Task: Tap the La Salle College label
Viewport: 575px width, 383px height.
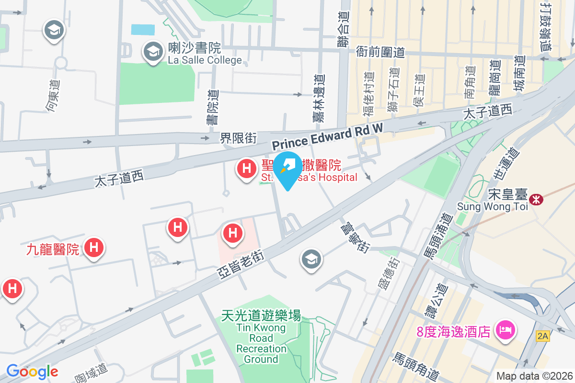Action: [205, 60]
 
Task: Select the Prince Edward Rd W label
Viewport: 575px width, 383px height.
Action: [328, 135]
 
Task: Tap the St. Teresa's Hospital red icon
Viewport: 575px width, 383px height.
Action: [246, 169]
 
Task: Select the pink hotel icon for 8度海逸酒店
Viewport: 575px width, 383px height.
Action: [506, 330]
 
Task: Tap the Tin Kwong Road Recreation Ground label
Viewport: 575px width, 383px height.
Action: [261, 343]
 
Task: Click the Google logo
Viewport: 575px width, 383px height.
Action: [32, 371]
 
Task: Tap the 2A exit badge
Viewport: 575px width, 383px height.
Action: [542, 336]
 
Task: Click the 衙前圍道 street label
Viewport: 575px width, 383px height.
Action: [380, 52]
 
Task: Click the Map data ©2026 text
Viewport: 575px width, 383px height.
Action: [534, 376]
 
